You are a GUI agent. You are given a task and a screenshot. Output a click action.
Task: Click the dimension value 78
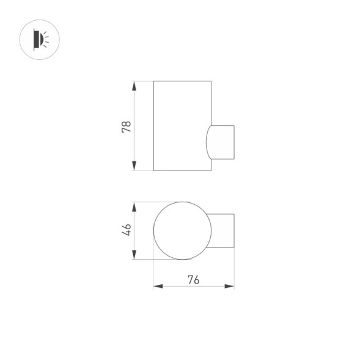(126, 127)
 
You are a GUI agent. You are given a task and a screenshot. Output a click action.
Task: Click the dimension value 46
(127, 230)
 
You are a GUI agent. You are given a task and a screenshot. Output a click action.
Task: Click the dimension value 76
(193, 280)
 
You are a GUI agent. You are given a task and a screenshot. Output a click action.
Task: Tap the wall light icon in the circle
(40, 40)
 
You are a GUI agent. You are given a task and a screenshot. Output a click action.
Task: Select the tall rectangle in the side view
(182, 125)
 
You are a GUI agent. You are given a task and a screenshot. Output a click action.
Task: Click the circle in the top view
(182, 230)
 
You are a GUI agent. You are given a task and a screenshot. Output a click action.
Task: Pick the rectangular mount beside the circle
(222, 230)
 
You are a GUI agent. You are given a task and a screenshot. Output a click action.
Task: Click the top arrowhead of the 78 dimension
(134, 84)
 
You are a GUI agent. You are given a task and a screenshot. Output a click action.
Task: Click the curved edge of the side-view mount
(206, 142)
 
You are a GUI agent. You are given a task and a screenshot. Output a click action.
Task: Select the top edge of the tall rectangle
(182, 81)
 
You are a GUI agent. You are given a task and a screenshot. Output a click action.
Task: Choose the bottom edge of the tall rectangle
(182, 171)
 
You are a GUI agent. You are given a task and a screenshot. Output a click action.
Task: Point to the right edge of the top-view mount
(234, 230)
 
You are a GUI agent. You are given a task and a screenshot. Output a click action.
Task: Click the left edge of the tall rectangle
(153, 125)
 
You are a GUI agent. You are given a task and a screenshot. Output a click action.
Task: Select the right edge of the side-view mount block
(234, 142)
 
